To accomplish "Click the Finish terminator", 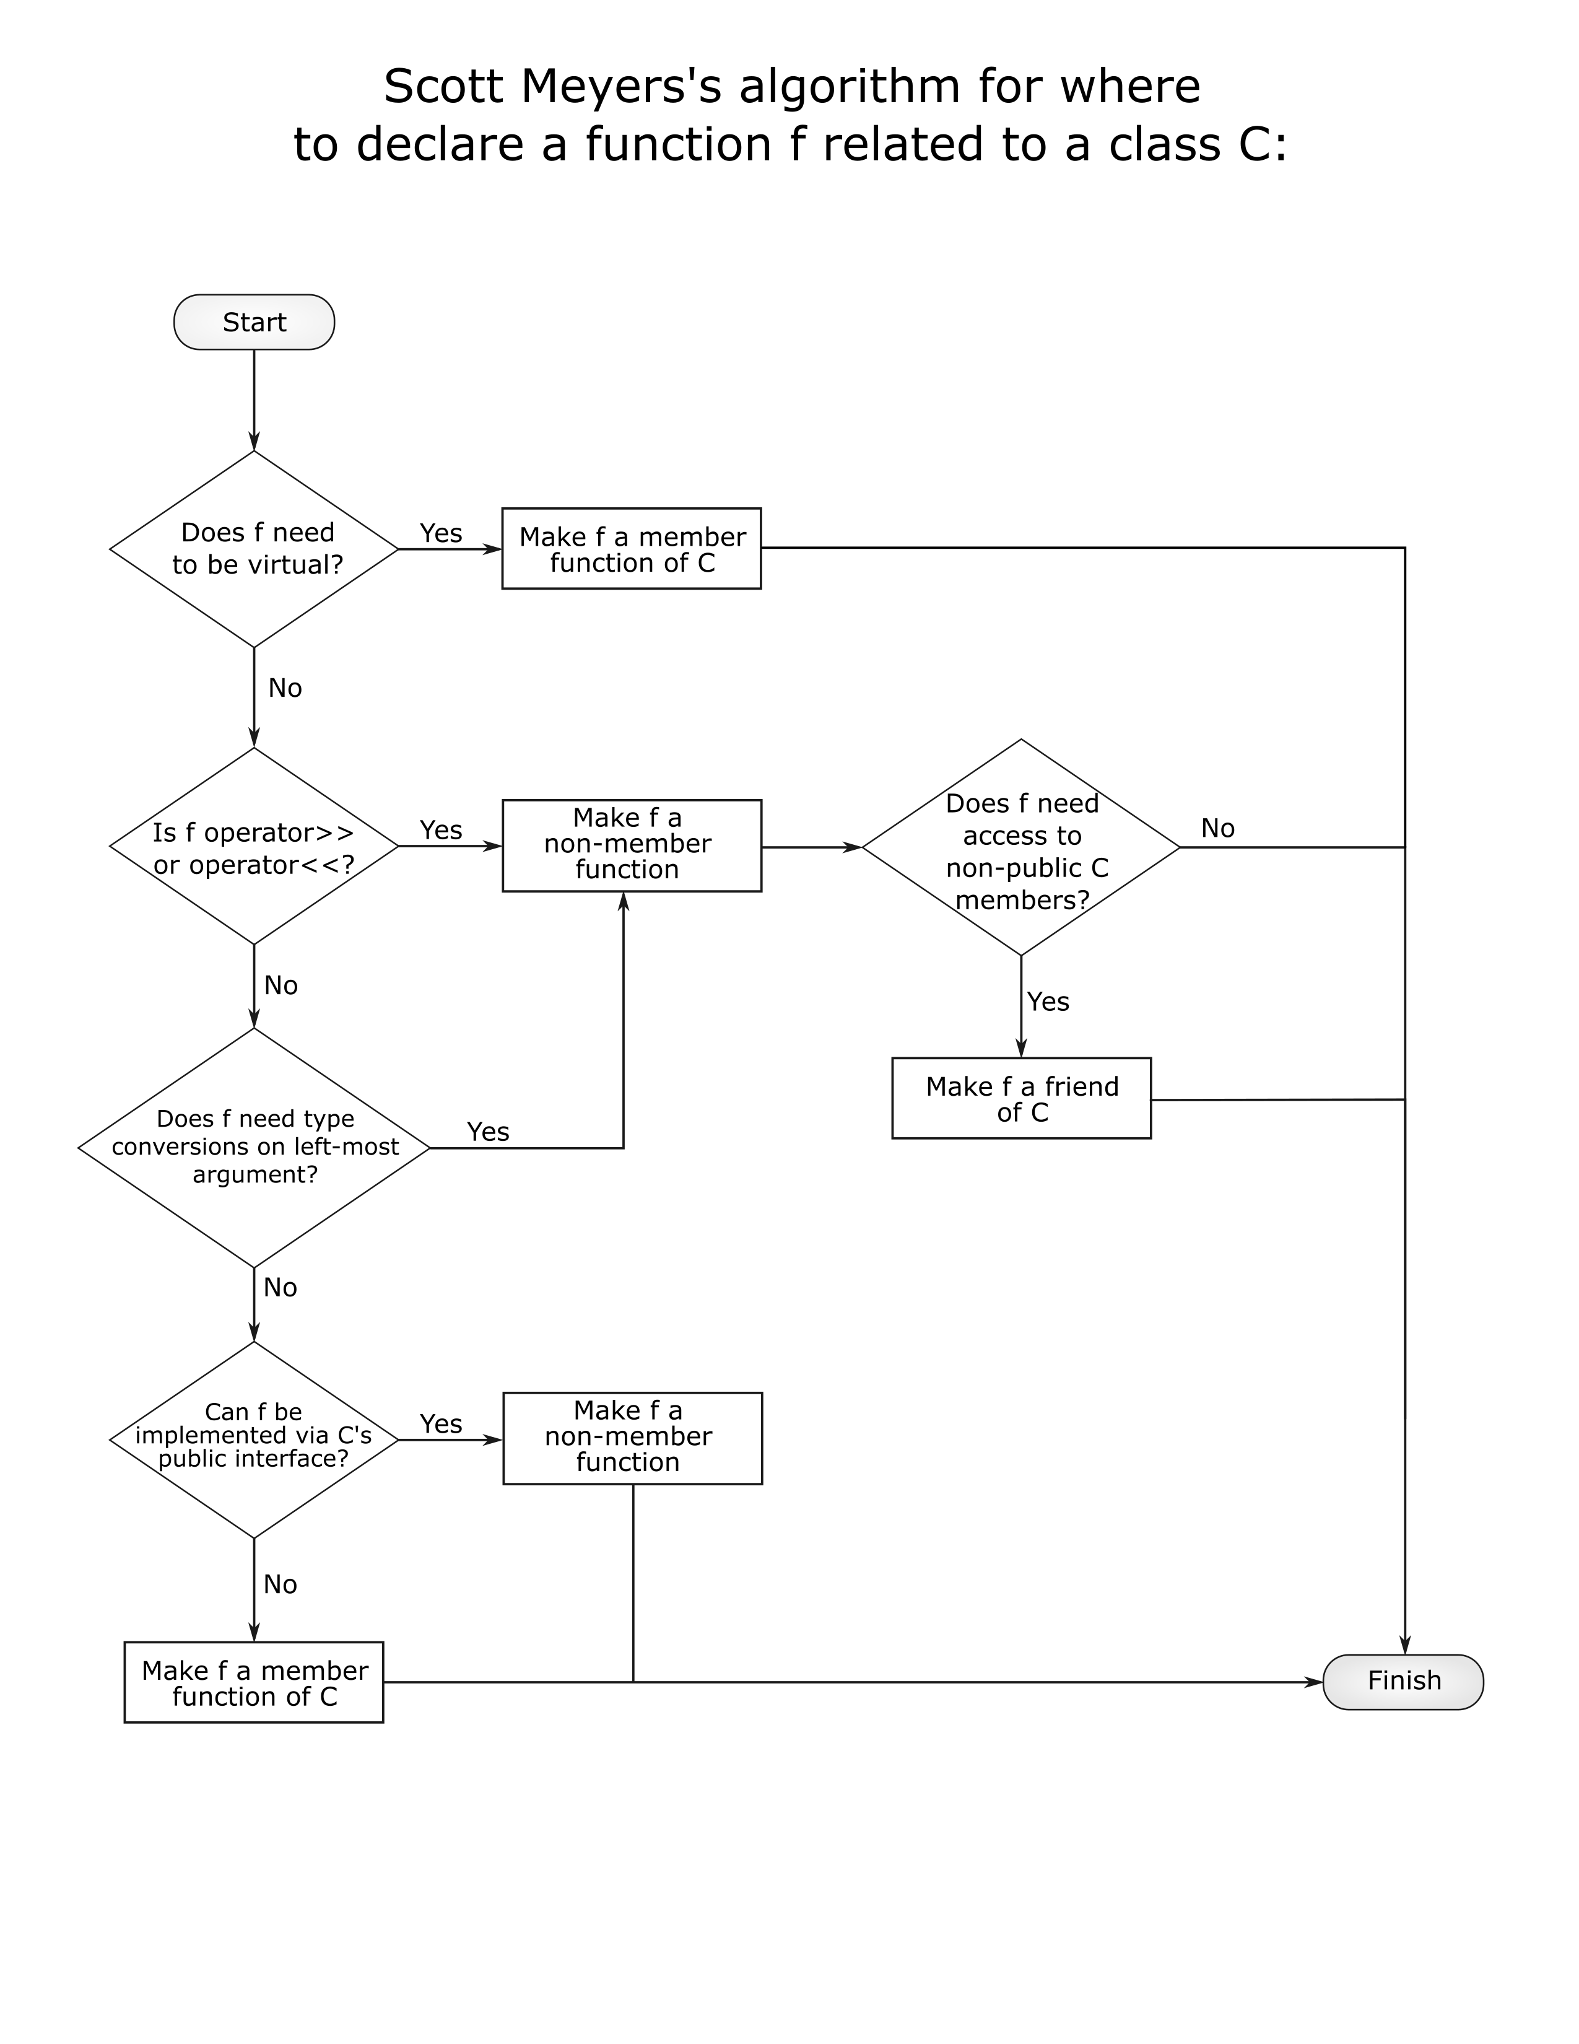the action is tap(1403, 1682).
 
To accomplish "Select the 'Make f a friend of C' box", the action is tap(1022, 1098).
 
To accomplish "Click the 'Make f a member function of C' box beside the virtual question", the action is tap(632, 548).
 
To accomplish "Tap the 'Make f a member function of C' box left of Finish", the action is tap(253, 1682).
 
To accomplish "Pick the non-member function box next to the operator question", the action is tap(632, 845).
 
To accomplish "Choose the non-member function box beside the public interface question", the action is tap(632, 1438).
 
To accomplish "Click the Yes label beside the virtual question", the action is tap(442, 533).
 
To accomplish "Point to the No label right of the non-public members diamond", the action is tap(1218, 828).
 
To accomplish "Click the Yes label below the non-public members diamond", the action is tap(1048, 1002).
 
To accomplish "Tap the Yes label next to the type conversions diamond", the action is tap(489, 1132).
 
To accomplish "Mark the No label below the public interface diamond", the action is tap(281, 1584).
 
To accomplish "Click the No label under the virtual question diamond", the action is tap(285, 688).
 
